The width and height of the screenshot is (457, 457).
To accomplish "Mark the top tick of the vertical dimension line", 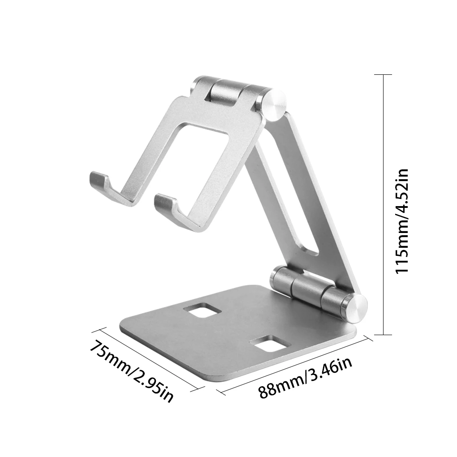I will [383, 74].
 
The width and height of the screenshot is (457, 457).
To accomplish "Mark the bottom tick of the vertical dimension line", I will [383, 334].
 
